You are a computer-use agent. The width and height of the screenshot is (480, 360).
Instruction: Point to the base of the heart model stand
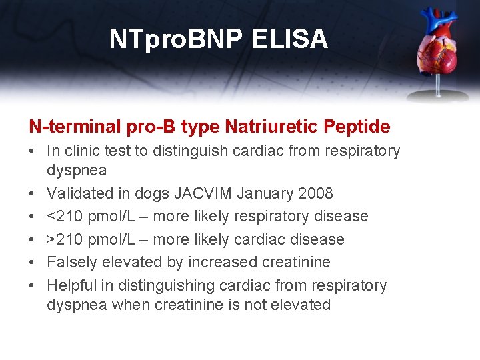point(438,95)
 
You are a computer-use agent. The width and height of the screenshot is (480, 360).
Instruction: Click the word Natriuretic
point(267,126)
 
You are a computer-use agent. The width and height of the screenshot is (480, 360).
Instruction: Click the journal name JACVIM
point(203,194)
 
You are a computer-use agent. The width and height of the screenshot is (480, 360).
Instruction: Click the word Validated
point(75,194)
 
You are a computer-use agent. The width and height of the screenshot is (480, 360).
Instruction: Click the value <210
point(62,217)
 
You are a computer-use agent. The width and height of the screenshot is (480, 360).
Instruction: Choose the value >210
point(62,239)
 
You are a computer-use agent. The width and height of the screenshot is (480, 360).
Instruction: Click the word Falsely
point(69,263)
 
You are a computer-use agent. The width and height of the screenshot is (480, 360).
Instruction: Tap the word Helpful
point(69,285)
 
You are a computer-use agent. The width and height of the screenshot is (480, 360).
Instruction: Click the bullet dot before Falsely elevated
point(33,263)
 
